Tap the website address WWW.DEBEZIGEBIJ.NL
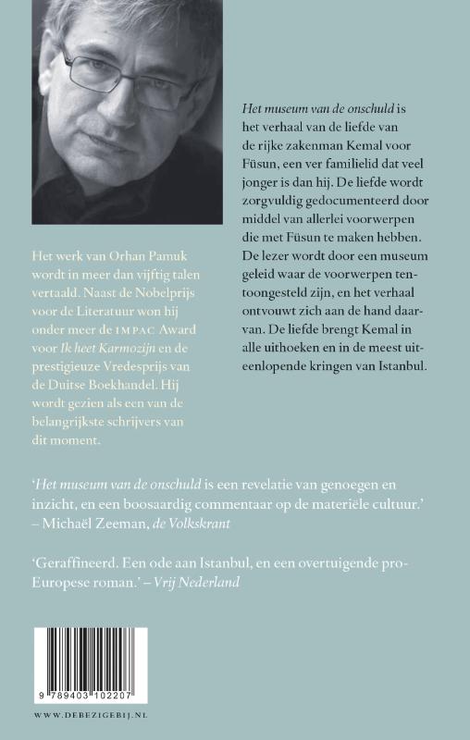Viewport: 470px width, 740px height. point(80,714)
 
